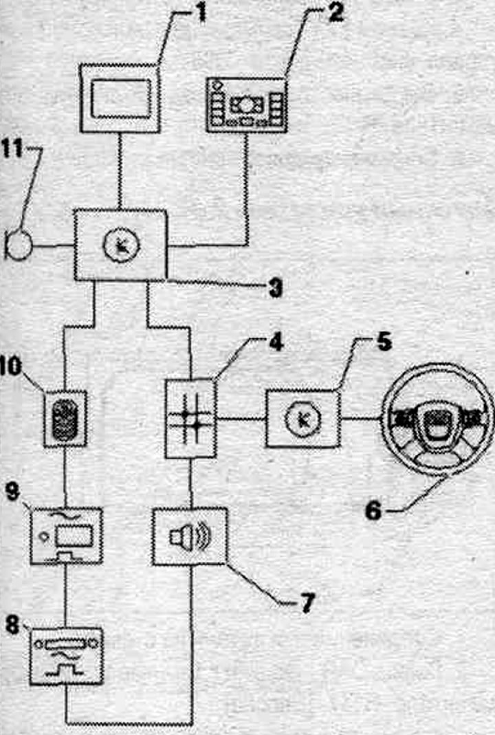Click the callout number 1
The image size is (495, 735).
pos(201,13)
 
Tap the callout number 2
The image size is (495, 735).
pos(335,13)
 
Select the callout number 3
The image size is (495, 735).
pos(276,287)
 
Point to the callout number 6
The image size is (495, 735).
pos(373,510)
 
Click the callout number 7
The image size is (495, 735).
pos(307,603)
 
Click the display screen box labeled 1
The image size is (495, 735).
pos(120,99)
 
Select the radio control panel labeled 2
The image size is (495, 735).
pos(247,106)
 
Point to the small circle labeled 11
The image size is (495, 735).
pos(19,245)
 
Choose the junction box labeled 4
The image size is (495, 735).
pos(191,419)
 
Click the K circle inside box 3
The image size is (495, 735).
pos(122,245)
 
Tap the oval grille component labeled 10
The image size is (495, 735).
pos(65,419)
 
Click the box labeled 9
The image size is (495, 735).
pos(66,536)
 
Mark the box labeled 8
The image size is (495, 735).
pos(66,656)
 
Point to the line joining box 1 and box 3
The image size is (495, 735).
pos(120,172)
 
